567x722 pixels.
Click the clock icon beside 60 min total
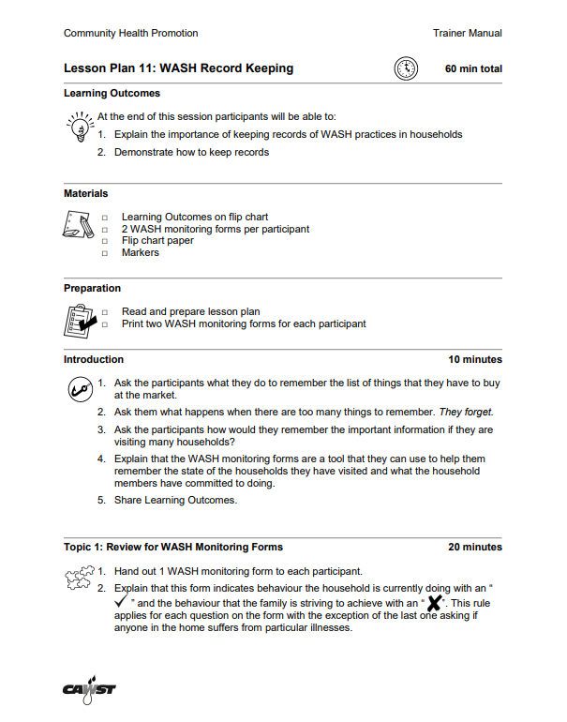coord(406,68)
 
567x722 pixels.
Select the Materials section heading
coord(85,193)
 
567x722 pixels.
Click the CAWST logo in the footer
coord(89,690)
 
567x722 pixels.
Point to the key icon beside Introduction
coord(80,388)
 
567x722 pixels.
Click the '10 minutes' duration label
coord(474,359)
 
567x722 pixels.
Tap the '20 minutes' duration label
coord(474,547)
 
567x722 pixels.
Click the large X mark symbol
coord(435,601)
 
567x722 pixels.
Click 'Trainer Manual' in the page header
coord(467,33)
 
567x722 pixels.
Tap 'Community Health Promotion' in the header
coord(130,33)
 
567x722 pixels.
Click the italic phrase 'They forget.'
coord(466,412)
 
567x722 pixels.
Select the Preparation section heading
coord(92,288)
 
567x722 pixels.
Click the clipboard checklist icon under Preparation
coord(80,319)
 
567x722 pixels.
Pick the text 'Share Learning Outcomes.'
coord(175,500)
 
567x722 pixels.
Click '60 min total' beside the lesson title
coord(473,68)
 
